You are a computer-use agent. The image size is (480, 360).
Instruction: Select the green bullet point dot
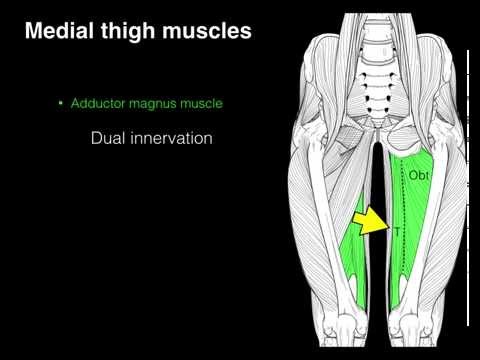(61, 103)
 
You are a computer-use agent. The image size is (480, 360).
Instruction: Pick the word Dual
(107, 139)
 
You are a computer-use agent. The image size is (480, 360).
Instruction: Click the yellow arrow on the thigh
(372, 221)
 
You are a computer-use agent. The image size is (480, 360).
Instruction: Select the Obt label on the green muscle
(417, 176)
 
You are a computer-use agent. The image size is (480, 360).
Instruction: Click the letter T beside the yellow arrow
(395, 232)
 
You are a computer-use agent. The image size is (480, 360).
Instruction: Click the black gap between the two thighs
(378, 180)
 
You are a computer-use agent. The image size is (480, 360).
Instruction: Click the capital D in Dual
(96, 139)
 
